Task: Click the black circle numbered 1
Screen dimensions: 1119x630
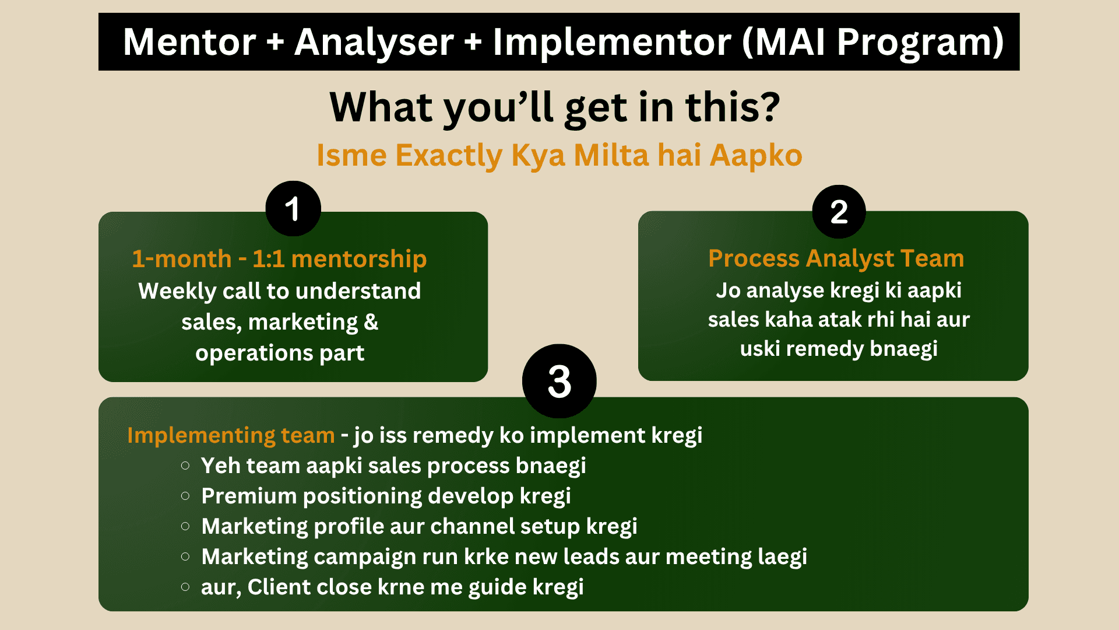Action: click(293, 209)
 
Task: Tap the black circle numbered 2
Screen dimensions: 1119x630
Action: click(839, 212)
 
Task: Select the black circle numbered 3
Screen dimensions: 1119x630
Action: click(559, 381)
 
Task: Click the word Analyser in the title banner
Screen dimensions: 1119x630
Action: click(374, 42)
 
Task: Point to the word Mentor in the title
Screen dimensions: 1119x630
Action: click(189, 42)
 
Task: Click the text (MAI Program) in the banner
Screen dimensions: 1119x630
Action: click(873, 42)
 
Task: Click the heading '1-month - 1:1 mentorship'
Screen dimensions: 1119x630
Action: click(279, 258)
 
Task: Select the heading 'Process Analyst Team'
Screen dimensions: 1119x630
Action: click(836, 258)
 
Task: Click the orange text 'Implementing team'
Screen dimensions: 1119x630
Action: click(231, 435)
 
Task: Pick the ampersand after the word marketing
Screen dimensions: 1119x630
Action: click(371, 321)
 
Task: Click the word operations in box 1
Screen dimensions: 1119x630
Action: click(254, 353)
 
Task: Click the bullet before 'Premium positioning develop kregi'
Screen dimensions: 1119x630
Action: click(185, 496)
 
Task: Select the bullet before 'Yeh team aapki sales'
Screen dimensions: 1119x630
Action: click(185, 466)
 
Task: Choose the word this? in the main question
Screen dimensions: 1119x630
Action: click(733, 107)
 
